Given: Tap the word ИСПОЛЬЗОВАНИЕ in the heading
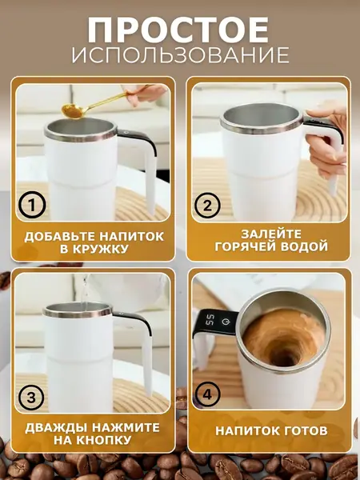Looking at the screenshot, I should pyautogui.click(x=179, y=55).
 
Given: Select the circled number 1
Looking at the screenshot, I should pyautogui.click(x=30, y=206).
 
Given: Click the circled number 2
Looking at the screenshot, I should pyautogui.click(x=206, y=206).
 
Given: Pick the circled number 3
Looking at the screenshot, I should pyautogui.click(x=30, y=397).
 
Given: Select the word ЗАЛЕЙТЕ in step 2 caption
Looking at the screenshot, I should pyautogui.click(x=269, y=235).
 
